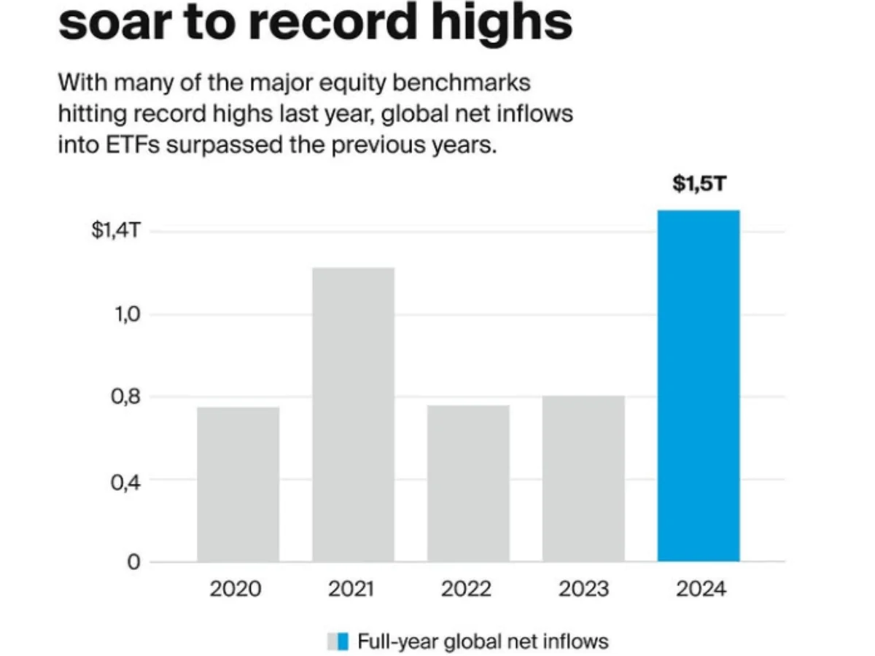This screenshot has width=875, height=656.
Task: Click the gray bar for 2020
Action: click(238, 484)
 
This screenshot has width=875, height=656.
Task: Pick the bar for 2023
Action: click(583, 478)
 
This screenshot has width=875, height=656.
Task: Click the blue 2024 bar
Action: click(699, 386)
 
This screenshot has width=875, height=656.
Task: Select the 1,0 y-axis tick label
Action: click(125, 315)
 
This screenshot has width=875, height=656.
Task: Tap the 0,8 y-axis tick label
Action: click(125, 397)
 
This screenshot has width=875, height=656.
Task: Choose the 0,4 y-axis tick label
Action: click(125, 480)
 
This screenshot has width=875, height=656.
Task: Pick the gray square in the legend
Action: click(332, 641)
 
